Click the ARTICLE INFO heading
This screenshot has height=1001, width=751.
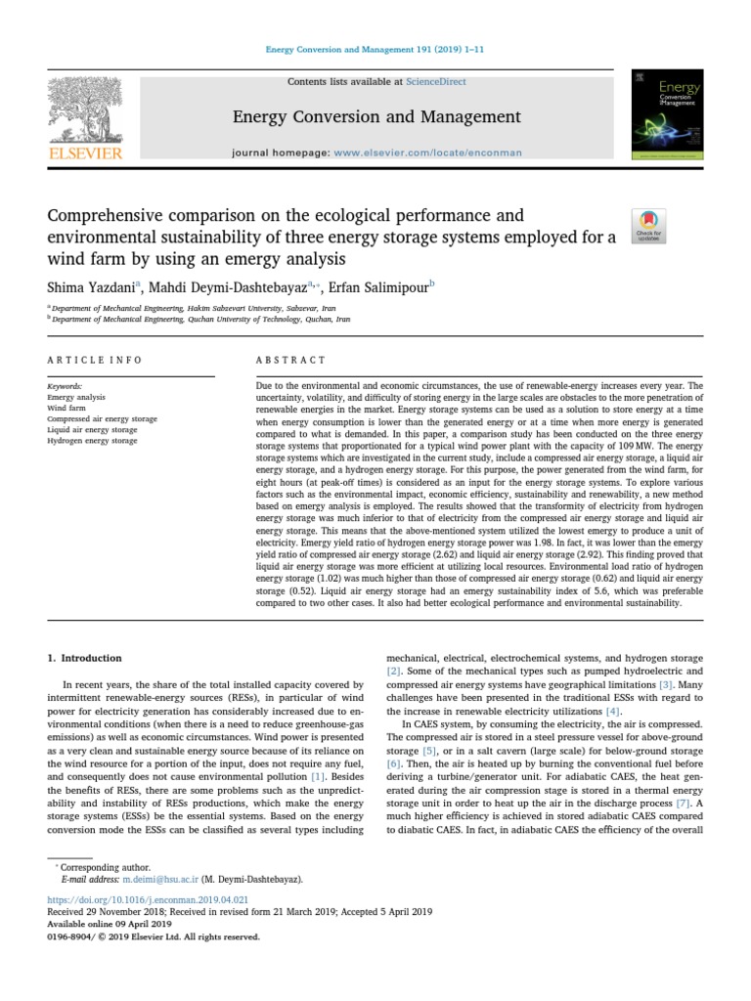click(x=95, y=360)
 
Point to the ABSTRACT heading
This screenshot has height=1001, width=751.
click(x=290, y=360)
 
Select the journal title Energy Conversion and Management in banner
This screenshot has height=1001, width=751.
click(x=376, y=117)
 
